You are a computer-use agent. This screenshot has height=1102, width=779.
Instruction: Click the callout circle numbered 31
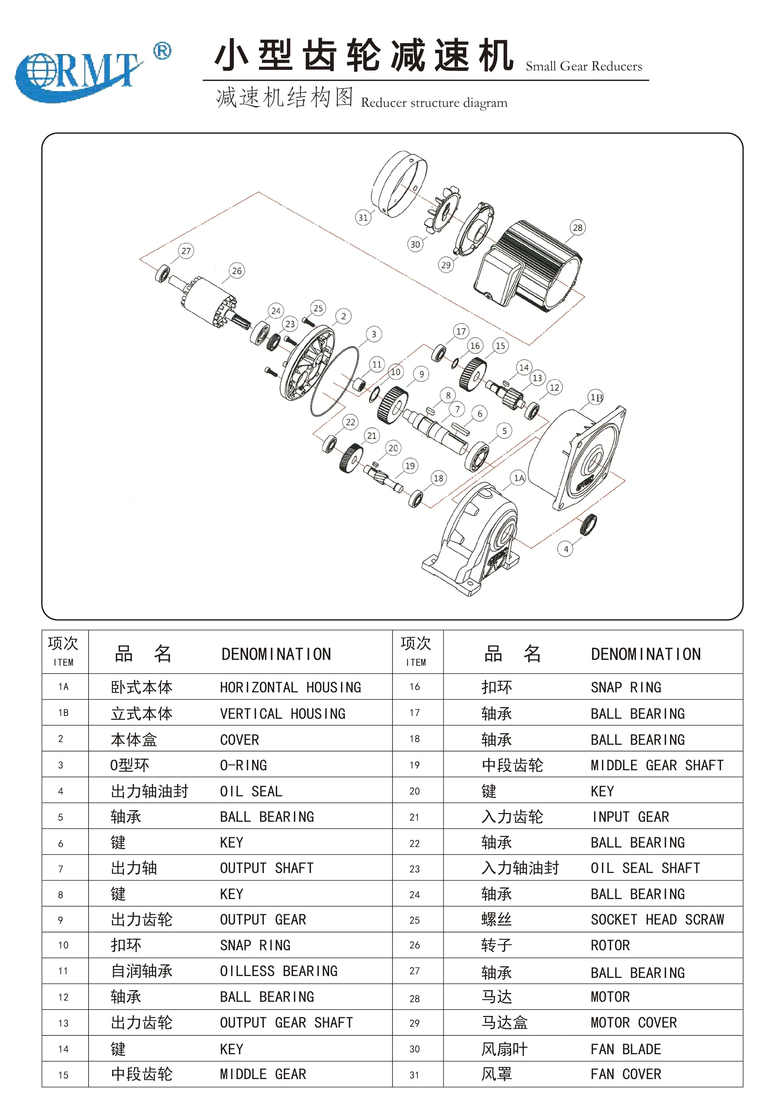point(363,217)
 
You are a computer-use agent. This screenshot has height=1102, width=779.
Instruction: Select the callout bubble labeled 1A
point(519,478)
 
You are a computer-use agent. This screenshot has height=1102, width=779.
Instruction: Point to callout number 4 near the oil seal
point(566,549)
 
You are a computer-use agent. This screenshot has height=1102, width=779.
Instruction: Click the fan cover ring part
point(399,183)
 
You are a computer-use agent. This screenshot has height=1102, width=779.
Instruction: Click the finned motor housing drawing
point(533,266)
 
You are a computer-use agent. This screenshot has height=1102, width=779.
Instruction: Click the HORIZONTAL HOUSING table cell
point(290,687)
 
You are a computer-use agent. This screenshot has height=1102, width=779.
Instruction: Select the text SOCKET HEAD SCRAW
point(657,919)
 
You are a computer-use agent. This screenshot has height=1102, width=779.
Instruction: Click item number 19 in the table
point(415,765)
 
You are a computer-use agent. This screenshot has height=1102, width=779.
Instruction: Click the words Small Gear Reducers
point(584,66)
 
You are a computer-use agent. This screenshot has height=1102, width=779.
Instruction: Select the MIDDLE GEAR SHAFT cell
point(657,765)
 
